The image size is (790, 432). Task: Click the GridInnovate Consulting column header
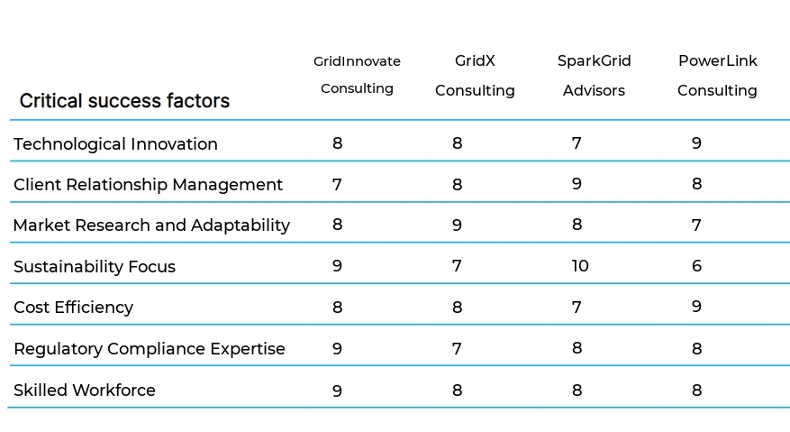pyautogui.click(x=357, y=75)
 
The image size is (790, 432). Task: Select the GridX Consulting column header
pyautogui.click(x=475, y=76)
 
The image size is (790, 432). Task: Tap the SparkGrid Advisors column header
pyautogui.click(x=594, y=76)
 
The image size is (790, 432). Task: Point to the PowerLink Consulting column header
pyautogui.click(x=717, y=76)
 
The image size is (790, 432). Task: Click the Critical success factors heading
pyautogui.click(x=124, y=101)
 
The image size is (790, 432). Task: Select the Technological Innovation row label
pyautogui.click(x=115, y=144)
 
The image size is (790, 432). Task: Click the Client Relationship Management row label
pyautogui.click(x=148, y=185)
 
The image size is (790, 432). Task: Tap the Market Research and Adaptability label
pyautogui.click(x=151, y=225)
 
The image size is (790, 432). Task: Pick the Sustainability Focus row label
pyautogui.click(x=95, y=267)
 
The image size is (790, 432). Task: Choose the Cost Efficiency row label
pyautogui.click(x=73, y=308)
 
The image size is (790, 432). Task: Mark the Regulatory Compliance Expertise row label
pyautogui.click(x=149, y=349)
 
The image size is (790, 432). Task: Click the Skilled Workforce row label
pyautogui.click(x=85, y=391)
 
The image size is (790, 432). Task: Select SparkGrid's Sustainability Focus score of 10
pyautogui.click(x=580, y=266)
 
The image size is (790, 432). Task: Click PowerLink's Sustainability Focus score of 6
pyautogui.click(x=696, y=266)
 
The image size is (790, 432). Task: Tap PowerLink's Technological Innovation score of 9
pyautogui.click(x=696, y=142)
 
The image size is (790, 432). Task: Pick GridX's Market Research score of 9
pyautogui.click(x=457, y=225)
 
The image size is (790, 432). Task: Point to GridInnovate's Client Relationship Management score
pyautogui.click(x=337, y=184)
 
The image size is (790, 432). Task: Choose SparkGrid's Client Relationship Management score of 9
pyautogui.click(x=577, y=184)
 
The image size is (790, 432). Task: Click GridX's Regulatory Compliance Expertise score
pyautogui.click(x=457, y=348)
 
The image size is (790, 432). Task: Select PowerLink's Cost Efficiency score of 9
pyautogui.click(x=696, y=307)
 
